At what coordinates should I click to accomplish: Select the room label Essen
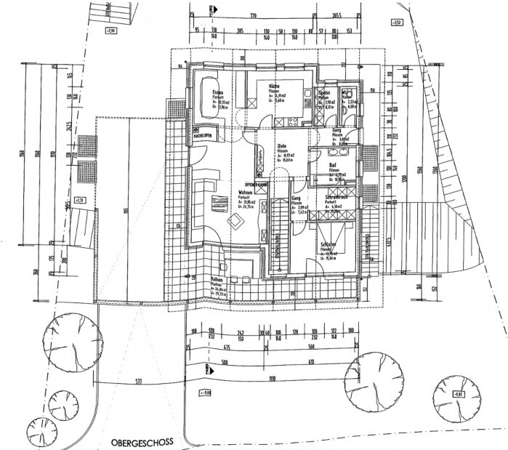click(217, 92)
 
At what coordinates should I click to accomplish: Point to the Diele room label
click(282, 147)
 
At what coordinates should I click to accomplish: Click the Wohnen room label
click(245, 193)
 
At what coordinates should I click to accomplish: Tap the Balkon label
click(217, 280)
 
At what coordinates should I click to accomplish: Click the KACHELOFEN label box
click(203, 136)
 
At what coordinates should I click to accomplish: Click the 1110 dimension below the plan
click(271, 379)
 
